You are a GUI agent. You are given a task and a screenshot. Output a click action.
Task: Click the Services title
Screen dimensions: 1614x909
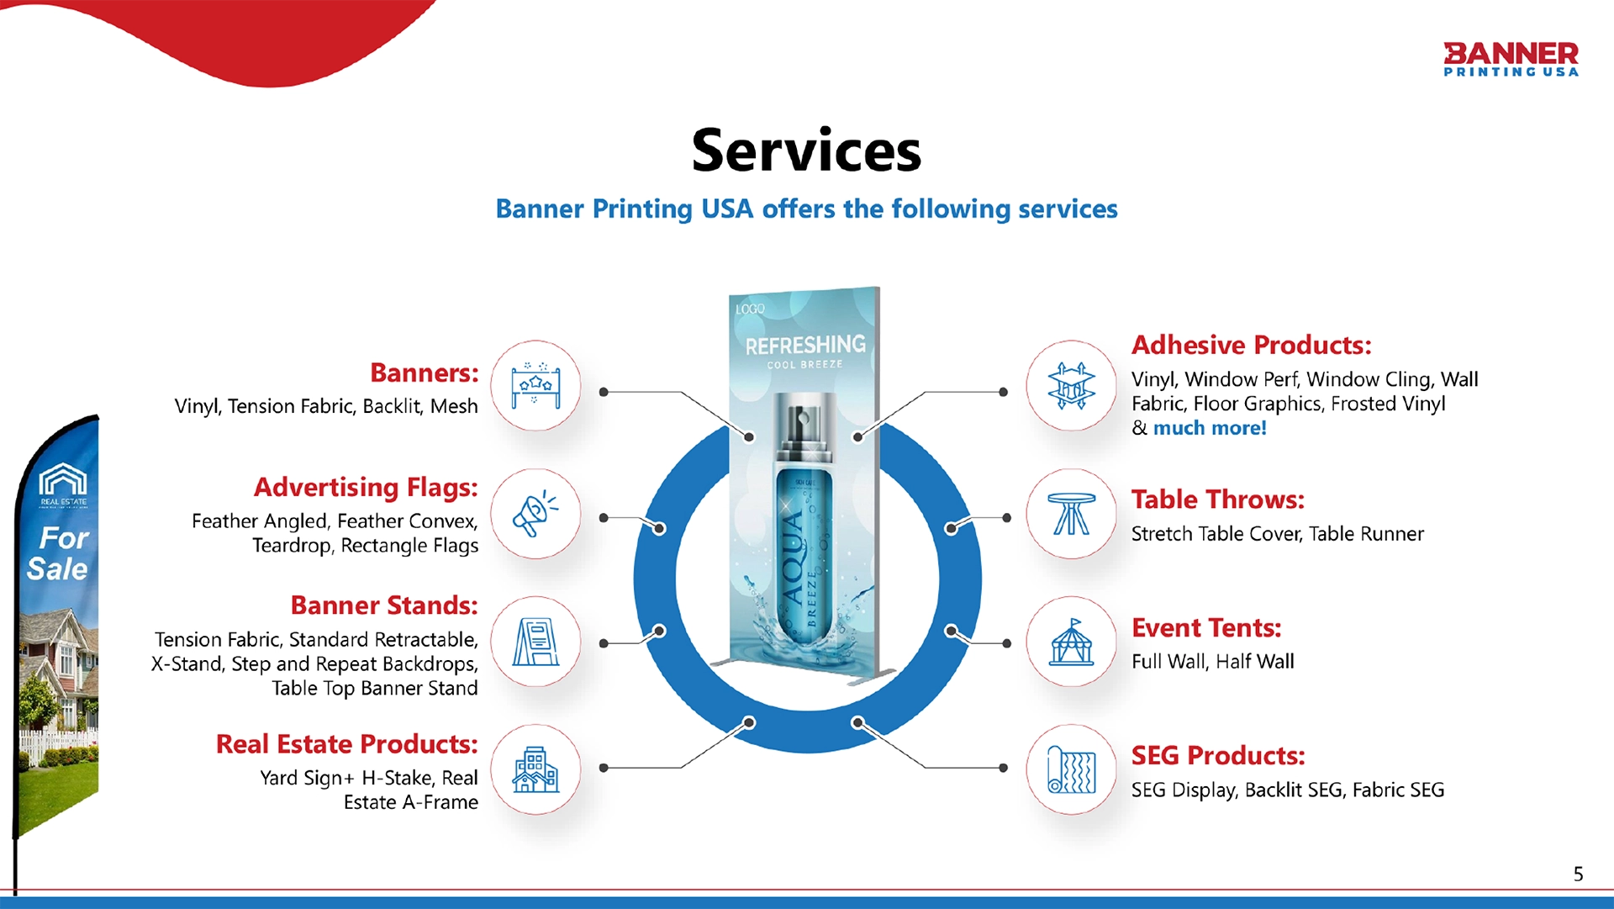pyautogui.click(x=806, y=151)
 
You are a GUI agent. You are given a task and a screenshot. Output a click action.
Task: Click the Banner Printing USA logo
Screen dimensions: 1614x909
pyautogui.click(x=1511, y=59)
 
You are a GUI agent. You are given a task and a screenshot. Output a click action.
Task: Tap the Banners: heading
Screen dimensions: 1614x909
pyautogui.click(x=424, y=373)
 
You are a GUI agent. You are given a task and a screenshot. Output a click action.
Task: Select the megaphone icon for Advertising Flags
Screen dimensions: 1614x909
pyautogui.click(x=535, y=514)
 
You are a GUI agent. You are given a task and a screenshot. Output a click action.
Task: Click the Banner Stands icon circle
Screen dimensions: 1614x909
pyautogui.click(x=535, y=642)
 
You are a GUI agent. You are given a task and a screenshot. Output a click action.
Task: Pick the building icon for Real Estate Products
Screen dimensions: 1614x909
pyautogui.click(x=535, y=769)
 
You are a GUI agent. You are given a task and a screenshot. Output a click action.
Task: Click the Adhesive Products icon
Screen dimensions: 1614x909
pyautogui.click(x=1071, y=386)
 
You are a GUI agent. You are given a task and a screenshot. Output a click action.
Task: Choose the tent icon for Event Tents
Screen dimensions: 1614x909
pyautogui.click(x=1071, y=642)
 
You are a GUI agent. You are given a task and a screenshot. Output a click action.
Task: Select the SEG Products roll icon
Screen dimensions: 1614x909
pyautogui.click(x=1071, y=769)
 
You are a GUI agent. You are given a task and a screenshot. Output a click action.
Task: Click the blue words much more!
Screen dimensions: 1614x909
pyautogui.click(x=1209, y=428)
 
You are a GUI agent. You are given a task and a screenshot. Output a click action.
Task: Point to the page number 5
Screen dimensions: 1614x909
pyautogui.click(x=1578, y=875)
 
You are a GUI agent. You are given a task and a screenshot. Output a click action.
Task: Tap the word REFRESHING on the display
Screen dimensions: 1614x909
pyautogui.click(x=805, y=345)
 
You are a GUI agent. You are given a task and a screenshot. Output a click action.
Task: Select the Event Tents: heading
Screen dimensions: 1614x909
pyautogui.click(x=1206, y=628)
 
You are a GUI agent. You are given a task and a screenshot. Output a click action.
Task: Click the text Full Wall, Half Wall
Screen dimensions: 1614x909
pyautogui.click(x=1212, y=662)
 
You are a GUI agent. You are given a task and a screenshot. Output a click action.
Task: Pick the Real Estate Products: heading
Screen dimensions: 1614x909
pyautogui.click(x=346, y=744)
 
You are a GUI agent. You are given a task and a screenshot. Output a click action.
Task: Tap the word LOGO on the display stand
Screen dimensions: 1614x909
pyautogui.click(x=751, y=309)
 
